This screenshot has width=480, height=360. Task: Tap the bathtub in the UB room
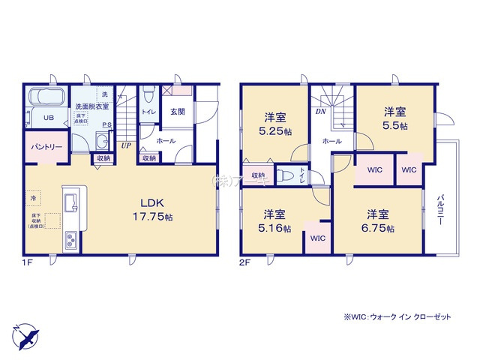pos(46,99)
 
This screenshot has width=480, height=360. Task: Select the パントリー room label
pos(46,148)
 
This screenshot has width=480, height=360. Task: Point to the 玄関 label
pos(177,112)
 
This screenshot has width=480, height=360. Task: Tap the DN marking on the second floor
pos(319,112)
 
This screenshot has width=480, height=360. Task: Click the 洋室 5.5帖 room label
pos(395,118)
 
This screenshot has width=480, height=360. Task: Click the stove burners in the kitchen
pos(70,240)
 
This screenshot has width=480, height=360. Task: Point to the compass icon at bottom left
pos(25,334)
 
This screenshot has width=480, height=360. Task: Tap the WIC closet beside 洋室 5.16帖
pos(316,238)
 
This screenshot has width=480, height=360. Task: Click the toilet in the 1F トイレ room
pos(148,96)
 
